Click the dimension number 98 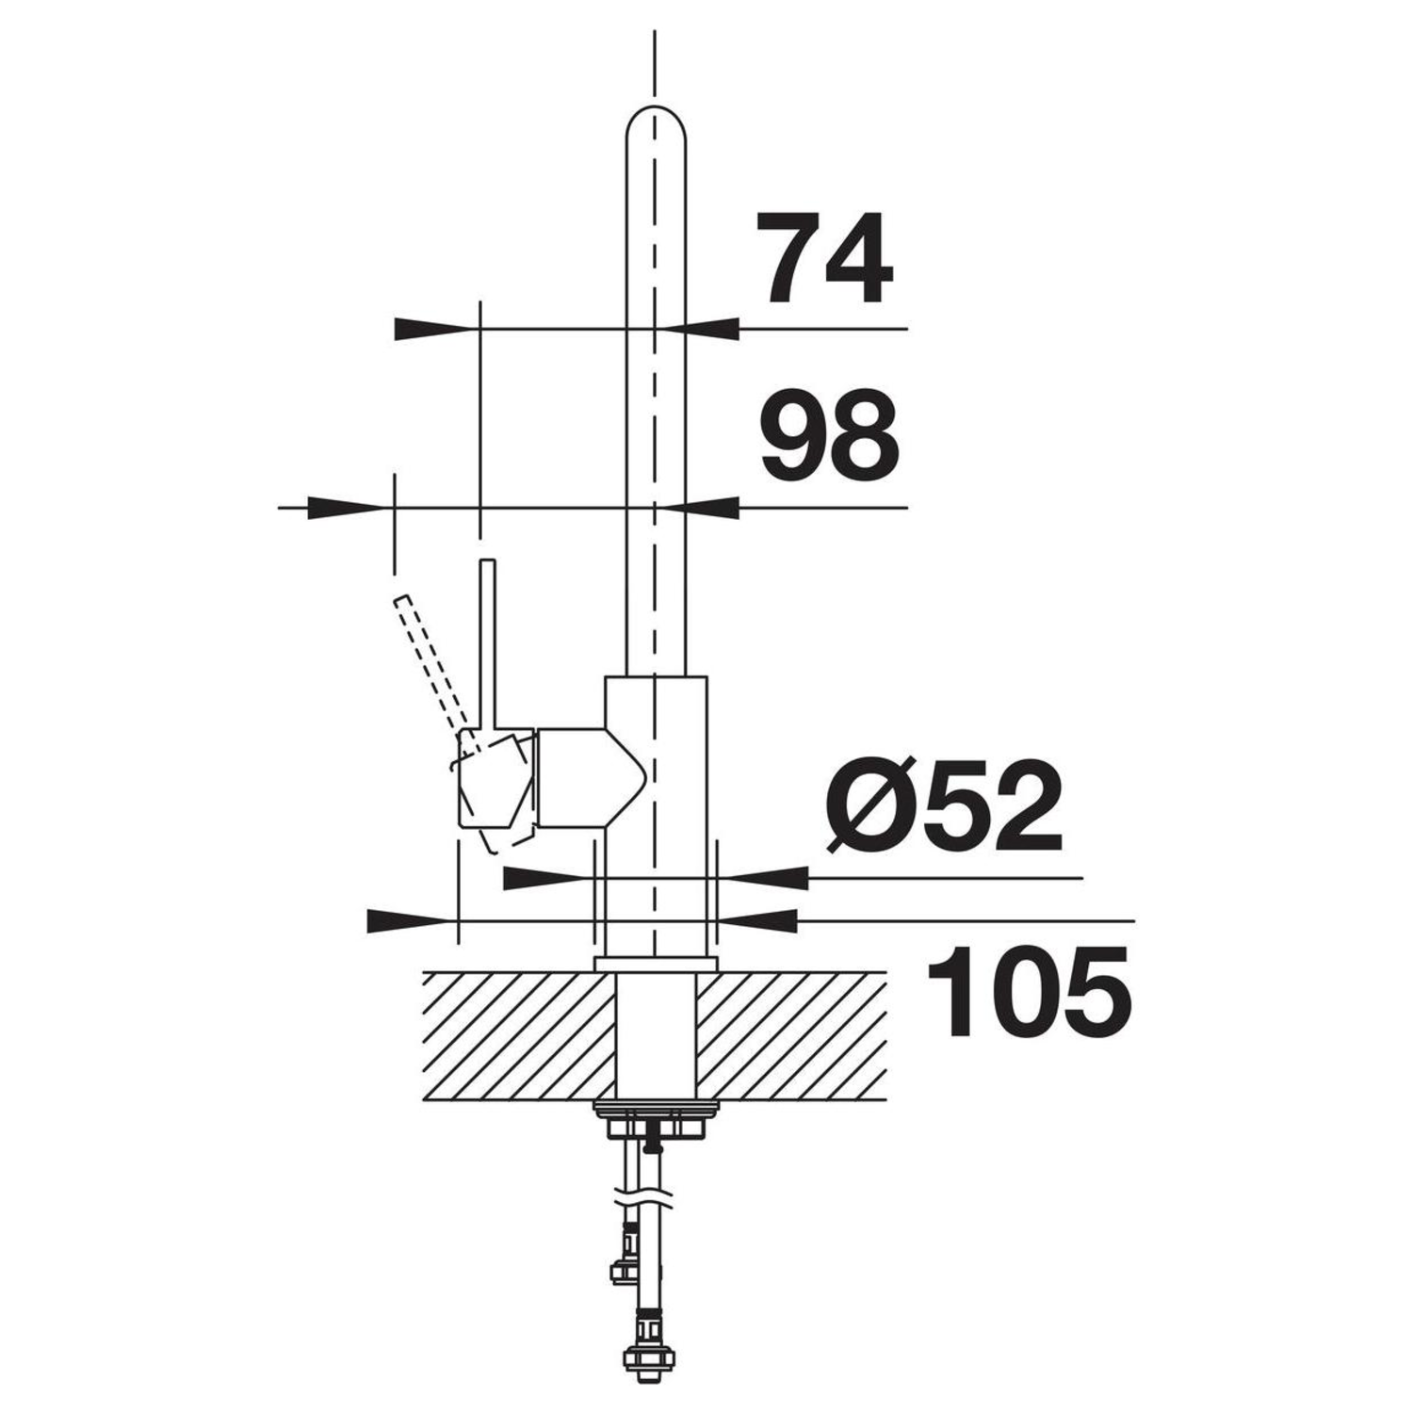(830, 434)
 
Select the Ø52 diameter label (945, 806)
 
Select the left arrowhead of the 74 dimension (433, 329)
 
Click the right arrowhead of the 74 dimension (701, 329)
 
